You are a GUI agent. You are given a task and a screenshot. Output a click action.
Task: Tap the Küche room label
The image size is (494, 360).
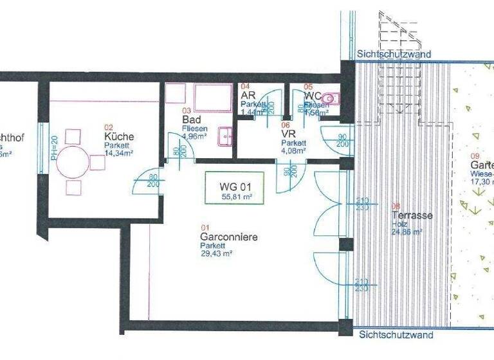[x=119, y=137]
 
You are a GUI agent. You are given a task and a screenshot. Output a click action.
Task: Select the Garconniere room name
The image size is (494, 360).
[x=228, y=237]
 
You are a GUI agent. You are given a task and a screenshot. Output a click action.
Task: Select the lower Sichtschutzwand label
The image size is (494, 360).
[x=396, y=335]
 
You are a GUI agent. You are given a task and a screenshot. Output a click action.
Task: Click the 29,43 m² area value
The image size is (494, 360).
[x=216, y=254]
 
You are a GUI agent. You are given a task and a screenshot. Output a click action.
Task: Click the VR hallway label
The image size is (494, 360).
[x=288, y=133]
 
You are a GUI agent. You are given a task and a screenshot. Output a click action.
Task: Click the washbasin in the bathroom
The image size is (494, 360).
[x=225, y=135]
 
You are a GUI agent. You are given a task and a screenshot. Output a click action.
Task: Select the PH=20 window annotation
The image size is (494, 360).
[x=55, y=148]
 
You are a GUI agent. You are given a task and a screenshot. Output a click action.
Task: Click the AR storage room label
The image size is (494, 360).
[x=248, y=95]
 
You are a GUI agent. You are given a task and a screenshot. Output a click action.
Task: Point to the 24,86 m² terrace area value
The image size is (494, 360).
[x=406, y=232]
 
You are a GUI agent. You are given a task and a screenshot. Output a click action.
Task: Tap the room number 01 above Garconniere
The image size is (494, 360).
[x=206, y=227]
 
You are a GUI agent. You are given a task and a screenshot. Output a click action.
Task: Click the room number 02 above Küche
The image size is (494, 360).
[x=109, y=127]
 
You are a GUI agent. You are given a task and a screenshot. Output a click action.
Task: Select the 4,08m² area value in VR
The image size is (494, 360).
[x=293, y=151]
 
